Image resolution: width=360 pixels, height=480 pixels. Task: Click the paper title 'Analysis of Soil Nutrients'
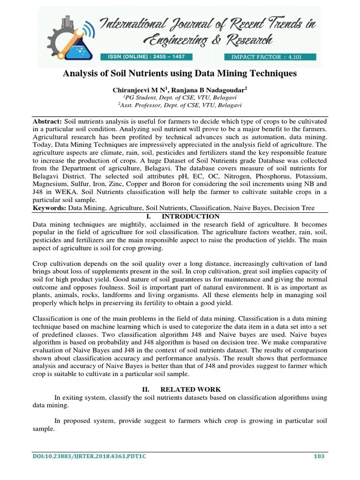180,74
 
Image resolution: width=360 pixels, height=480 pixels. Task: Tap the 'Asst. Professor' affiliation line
180,105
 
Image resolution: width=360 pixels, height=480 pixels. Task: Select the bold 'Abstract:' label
47,120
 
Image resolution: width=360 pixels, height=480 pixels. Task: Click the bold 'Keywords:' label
50,208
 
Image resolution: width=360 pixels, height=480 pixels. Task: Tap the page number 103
319,457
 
